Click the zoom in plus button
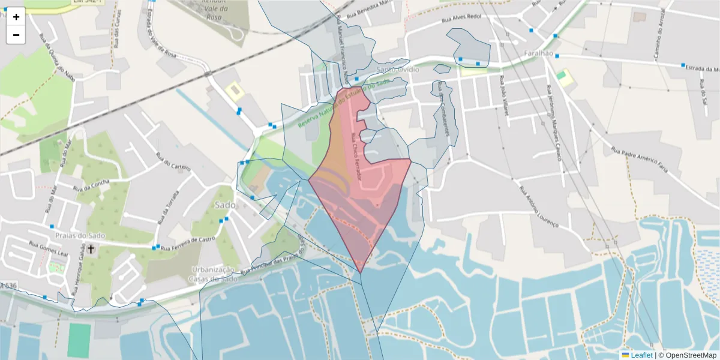(x=16, y=17)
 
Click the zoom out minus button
(x=16, y=35)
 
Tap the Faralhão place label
(x=538, y=53)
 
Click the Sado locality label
(x=224, y=205)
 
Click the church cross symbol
(x=91, y=248)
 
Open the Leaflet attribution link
(x=641, y=355)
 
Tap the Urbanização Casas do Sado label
(x=214, y=274)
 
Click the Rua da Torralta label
(x=169, y=207)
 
